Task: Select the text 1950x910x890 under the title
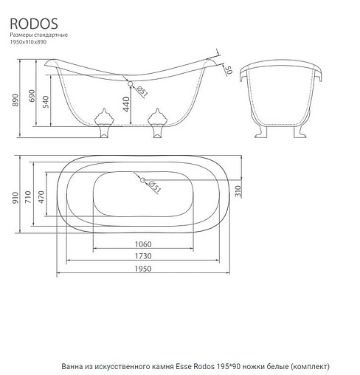click(x=29, y=43)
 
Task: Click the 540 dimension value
click(x=46, y=103)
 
